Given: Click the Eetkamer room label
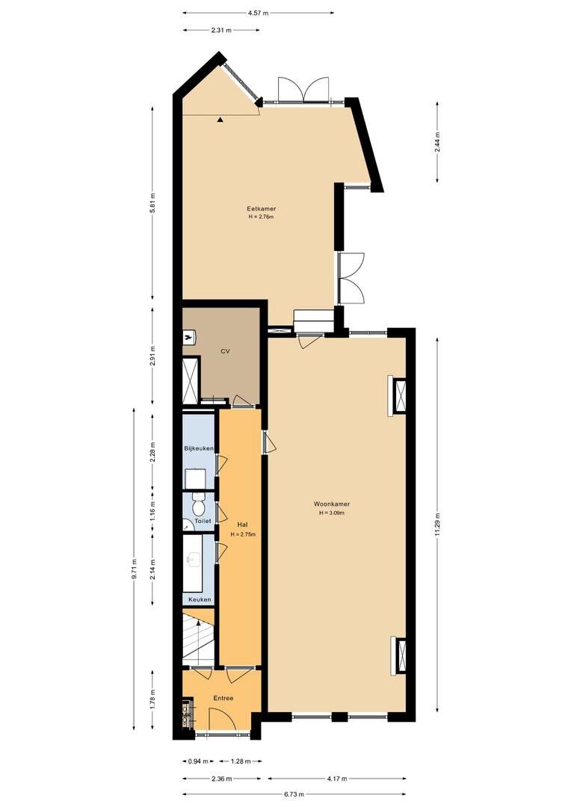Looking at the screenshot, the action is tap(261, 208).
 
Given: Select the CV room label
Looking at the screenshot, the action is tap(224, 351).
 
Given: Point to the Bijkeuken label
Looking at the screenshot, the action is tap(199, 449).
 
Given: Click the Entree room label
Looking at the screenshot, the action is tap(223, 699).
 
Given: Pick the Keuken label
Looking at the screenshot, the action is tap(200, 599).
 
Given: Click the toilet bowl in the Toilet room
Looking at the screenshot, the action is tap(198, 506).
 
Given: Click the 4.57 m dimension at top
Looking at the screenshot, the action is tap(258, 13).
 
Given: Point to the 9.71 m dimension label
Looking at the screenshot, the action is tap(134, 569).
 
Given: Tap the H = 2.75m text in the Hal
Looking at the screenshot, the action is tap(243, 534).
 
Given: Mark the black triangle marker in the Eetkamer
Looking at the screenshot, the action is tap(220, 120).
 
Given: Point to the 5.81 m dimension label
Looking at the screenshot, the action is tap(152, 202).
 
